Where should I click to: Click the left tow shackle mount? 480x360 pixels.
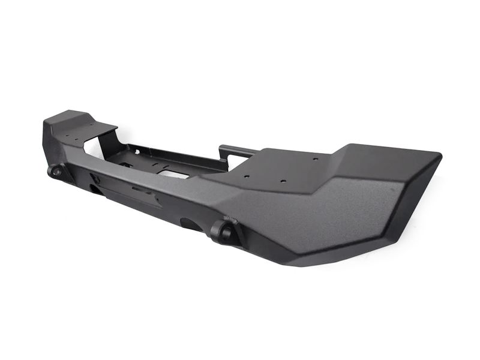tap(56, 171)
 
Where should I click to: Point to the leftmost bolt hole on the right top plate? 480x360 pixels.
tap(246, 176)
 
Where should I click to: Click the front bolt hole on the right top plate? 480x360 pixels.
tap(283, 181)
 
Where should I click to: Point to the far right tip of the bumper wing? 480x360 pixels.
tap(440, 157)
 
